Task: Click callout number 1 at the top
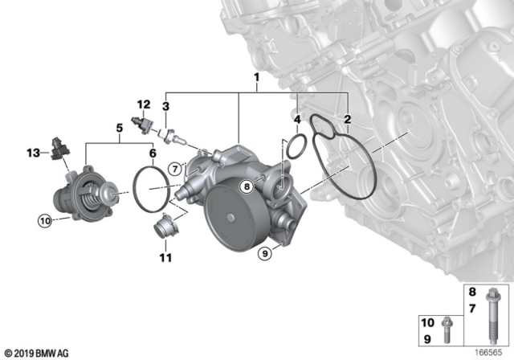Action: pyautogui.click(x=256, y=79)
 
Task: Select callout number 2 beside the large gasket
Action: pyautogui.click(x=347, y=120)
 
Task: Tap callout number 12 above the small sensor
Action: pyautogui.click(x=143, y=104)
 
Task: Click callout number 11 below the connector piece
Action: pyautogui.click(x=165, y=258)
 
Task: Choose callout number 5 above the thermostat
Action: pyautogui.click(x=118, y=127)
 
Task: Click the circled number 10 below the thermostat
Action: pyautogui.click(x=45, y=218)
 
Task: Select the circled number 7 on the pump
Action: pyautogui.click(x=174, y=168)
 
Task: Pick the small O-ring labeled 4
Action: pyautogui.click(x=296, y=147)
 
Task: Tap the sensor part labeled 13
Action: pyautogui.click(x=57, y=149)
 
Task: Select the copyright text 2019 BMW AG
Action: pyautogui.click(x=39, y=352)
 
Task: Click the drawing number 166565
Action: pyautogui.click(x=487, y=351)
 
